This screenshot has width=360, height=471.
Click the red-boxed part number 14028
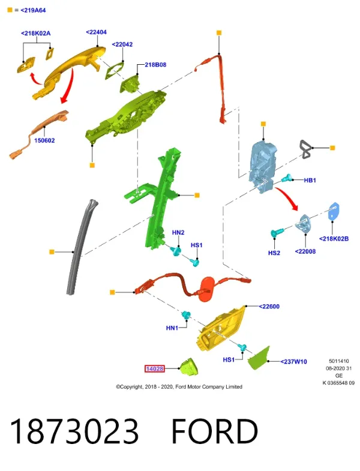click(x=155, y=368)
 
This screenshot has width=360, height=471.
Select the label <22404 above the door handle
click(x=96, y=32)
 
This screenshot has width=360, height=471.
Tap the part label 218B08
click(x=155, y=65)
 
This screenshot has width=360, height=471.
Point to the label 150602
click(x=44, y=140)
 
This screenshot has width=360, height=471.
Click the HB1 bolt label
click(x=310, y=180)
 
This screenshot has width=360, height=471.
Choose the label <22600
click(x=269, y=307)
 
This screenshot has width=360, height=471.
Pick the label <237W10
click(x=293, y=362)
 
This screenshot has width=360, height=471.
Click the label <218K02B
click(x=334, y=239)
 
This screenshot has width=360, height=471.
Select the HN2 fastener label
click(x=178, y=232)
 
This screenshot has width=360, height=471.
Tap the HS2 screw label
click(x=274, y=253)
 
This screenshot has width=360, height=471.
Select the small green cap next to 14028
click(x=189, y=367)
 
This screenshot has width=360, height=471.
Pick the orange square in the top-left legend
click(x=10, y=10)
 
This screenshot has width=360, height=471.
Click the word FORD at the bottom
click(x=215, y=431)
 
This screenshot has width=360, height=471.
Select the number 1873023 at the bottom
click(x=74, y=431)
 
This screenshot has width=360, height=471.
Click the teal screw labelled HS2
click(x=277, y=232)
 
